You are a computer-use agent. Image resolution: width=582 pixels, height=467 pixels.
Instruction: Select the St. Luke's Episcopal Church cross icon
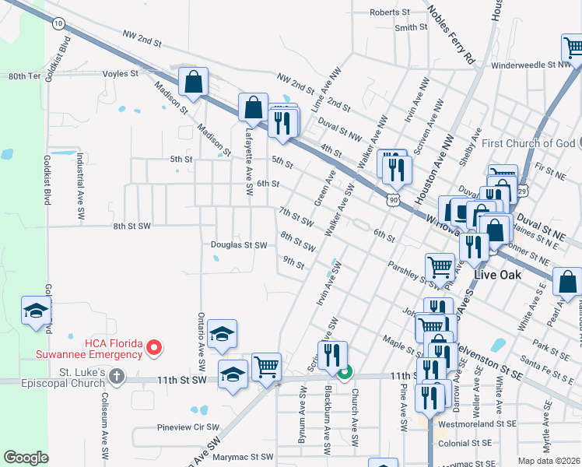coord(116,377)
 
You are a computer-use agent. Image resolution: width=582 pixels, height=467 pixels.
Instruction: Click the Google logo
coord(26,458)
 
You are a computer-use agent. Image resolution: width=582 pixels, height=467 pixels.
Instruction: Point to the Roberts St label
coord(389,12)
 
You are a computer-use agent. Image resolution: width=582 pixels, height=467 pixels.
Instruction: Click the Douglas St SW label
coord(239,245)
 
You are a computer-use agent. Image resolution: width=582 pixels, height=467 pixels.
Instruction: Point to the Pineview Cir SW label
coord(188,427)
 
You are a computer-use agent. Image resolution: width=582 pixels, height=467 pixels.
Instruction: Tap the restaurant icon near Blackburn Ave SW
coord(332,354)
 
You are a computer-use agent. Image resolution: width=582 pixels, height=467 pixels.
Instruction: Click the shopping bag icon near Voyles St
coord(193,81)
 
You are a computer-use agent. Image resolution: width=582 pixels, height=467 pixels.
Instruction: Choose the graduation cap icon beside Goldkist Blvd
coord(36,311)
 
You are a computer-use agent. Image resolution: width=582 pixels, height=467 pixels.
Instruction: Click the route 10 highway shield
coord(59,24)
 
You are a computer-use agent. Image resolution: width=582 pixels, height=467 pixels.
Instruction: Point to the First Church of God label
coord(528,143)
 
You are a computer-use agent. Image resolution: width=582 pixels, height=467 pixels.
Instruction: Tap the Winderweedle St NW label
coord(528,66)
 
